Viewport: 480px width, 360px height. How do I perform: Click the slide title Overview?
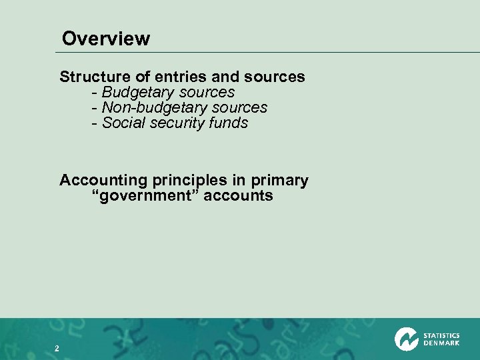click(106, 39)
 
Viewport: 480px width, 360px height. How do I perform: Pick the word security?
click(172, 123)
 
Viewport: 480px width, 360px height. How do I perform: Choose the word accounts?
click(238, 195)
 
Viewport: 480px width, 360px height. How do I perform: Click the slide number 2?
click(57, 349)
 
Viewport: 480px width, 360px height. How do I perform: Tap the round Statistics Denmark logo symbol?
click(407, 339)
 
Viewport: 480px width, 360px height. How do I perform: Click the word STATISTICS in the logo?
click(441, 335)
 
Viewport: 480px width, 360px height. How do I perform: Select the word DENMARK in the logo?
click(441, 343)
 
